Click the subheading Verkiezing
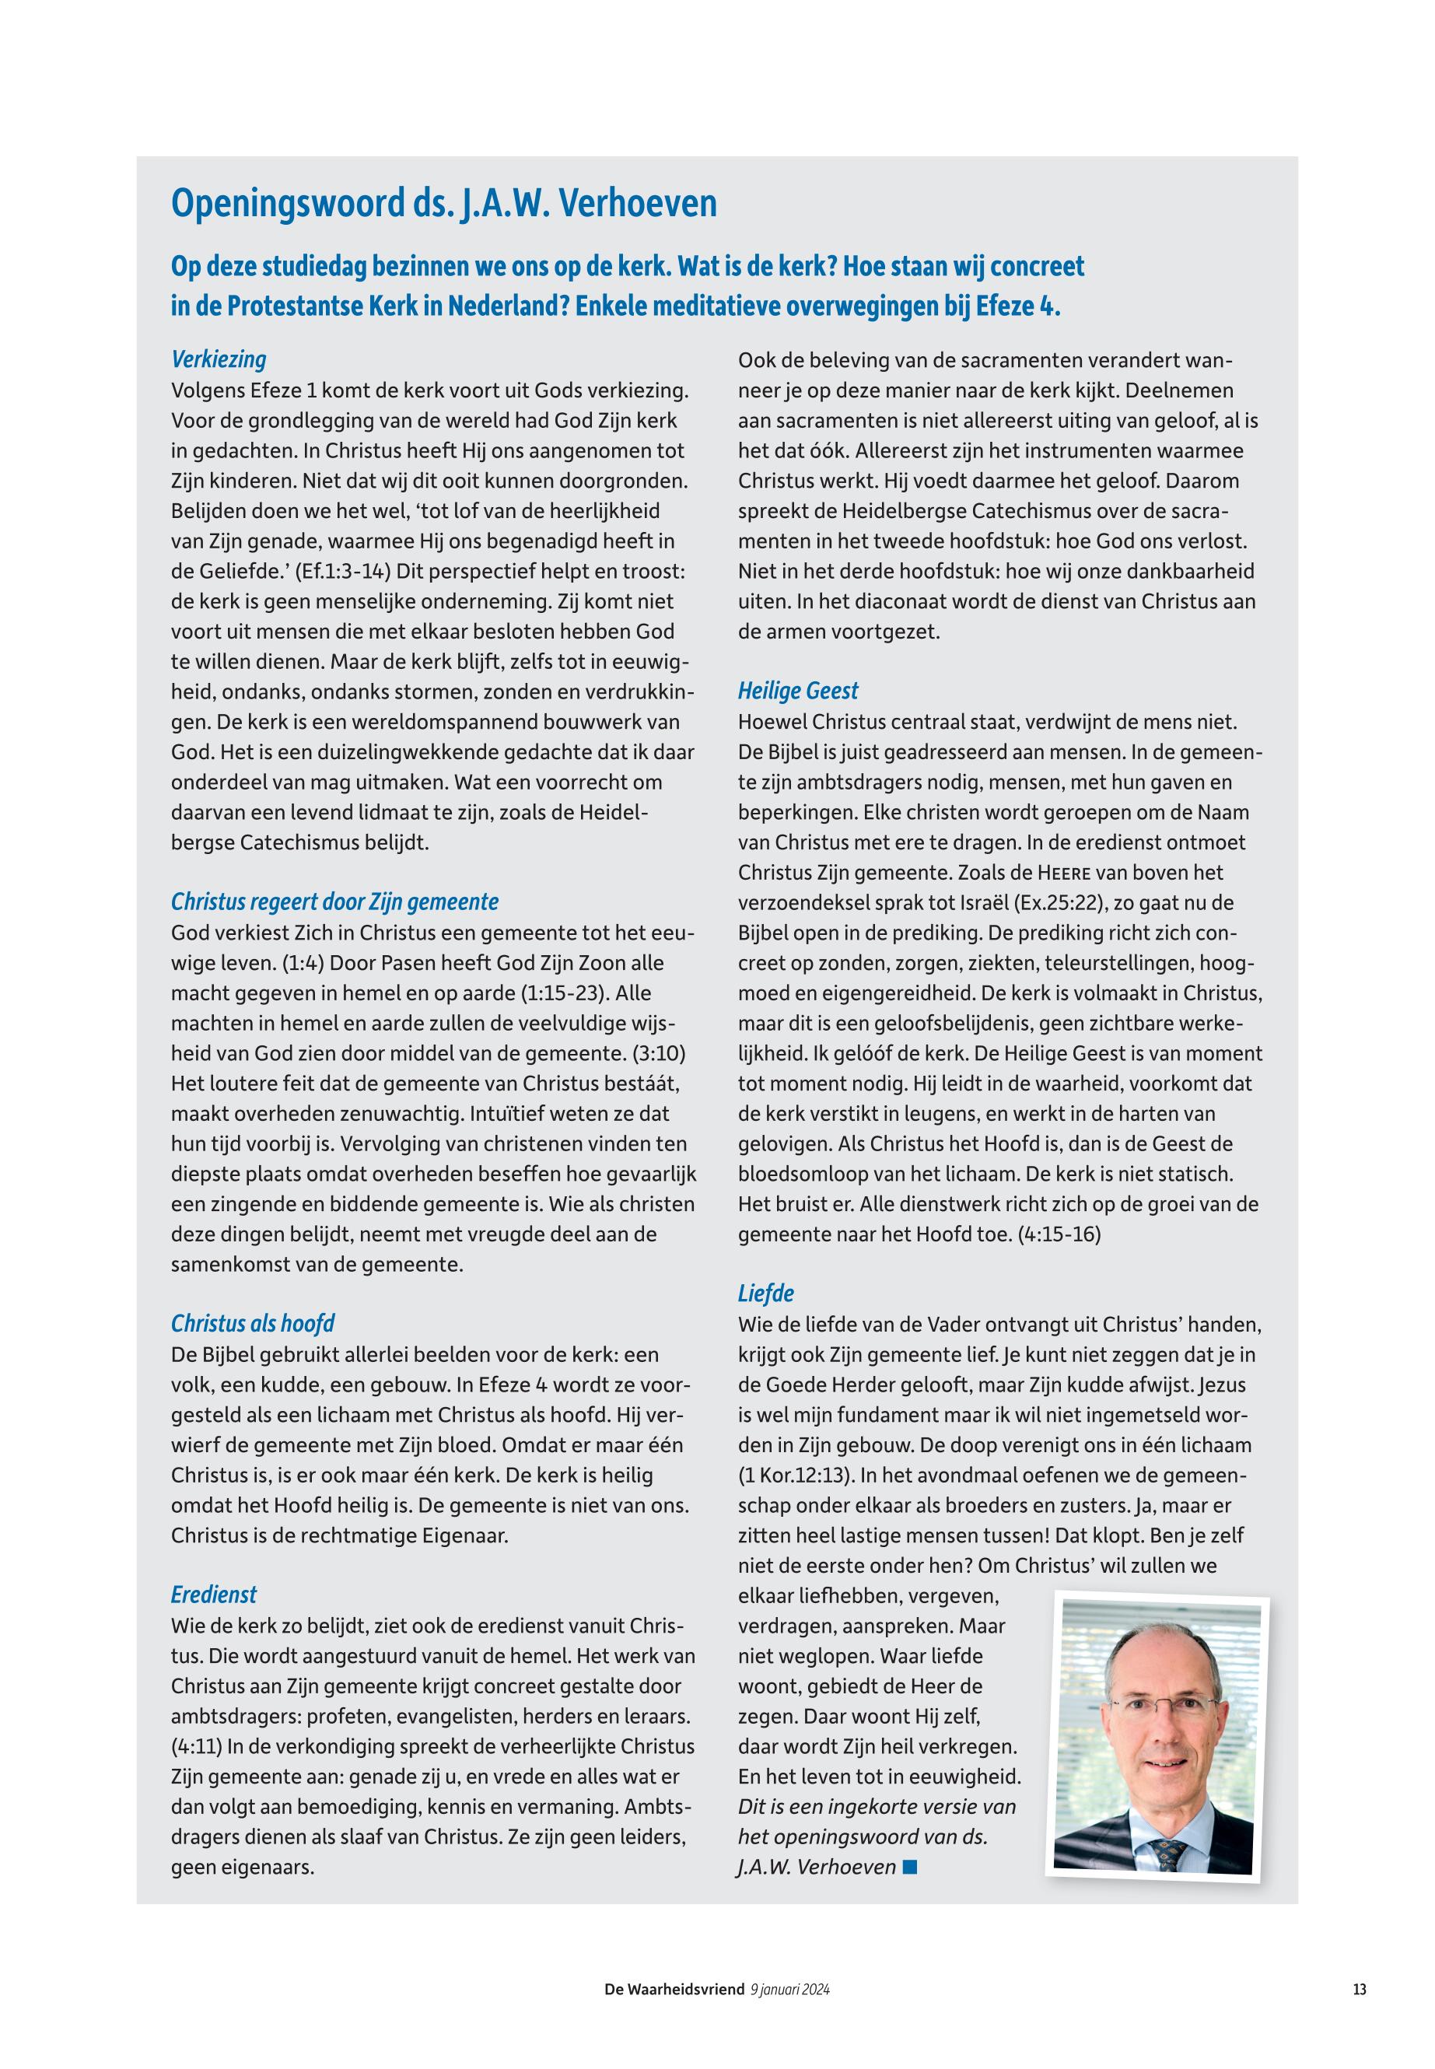tap(219, 359)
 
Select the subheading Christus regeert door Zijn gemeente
tap(334, 901)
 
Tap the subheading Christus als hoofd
tap(253, 1324)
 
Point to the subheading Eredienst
tap(214, 1595)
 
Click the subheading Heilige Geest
tap(797, 691)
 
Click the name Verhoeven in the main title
tap(638, 203)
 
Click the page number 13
tap(1359, 1990)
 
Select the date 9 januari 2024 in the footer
tap(789, 1990)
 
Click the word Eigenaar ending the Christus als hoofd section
tap(464, 1535)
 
